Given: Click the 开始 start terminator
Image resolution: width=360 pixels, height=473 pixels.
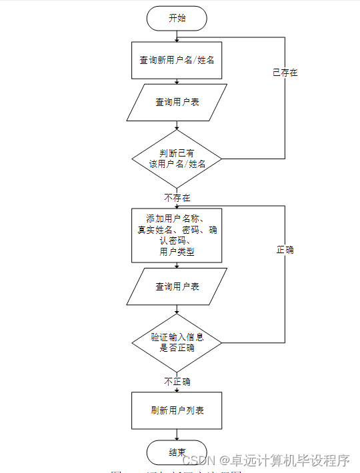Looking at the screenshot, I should pos(177,19).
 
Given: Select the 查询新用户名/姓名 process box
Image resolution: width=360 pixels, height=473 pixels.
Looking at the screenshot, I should pos(177,60).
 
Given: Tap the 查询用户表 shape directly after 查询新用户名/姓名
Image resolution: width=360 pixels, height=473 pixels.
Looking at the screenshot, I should pos(177,102).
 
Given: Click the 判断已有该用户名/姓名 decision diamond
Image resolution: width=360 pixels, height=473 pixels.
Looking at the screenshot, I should pos(177,159).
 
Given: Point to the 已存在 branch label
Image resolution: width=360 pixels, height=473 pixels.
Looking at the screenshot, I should pos(285,73).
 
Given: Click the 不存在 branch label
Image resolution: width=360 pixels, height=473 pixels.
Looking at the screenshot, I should pos(177,198).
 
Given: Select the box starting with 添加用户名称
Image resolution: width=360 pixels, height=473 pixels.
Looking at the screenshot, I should pos(177,236).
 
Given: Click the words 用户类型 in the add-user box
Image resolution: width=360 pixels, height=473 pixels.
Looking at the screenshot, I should pos(177,252).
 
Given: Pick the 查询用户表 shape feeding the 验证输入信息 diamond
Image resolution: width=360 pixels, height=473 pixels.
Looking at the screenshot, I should pos(177,286).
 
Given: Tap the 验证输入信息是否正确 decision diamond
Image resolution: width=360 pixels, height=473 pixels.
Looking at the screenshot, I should pos(177,342).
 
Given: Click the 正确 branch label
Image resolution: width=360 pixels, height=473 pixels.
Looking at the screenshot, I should pos(285,250).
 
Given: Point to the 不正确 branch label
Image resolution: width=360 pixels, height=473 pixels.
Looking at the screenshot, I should pos(177,382).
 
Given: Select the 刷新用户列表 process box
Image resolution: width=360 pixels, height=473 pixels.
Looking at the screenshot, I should pos(177,410).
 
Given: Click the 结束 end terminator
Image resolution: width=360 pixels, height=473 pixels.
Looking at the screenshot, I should pos(177,452).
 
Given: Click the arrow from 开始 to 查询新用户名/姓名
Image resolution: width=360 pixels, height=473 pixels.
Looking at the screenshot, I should pos(177,36).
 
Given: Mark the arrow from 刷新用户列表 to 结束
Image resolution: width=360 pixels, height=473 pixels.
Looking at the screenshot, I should pos(177,434).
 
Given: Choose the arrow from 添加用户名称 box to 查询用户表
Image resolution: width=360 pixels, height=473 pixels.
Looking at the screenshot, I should pos(177,265).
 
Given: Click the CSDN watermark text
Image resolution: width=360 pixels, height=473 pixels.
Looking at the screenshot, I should pos(199,460).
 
